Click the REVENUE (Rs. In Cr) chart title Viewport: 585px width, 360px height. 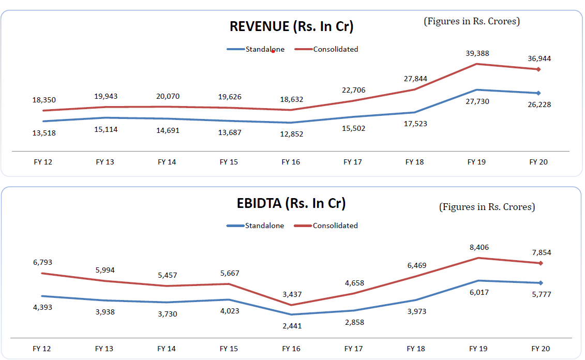pyautogui.click(x=292, y=26)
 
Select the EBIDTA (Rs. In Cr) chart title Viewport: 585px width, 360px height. pyautogui.click(x=291, y=203)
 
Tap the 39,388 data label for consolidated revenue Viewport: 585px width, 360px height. pyautogui.click(x=477, y=53)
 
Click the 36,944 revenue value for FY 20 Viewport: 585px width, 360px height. pyautogui.click(x=538, y=58)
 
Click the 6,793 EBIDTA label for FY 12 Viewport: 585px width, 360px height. pyautogui.click(x=42, y=262)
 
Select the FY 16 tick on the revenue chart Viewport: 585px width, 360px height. pyautogui.click(x=291, y=162)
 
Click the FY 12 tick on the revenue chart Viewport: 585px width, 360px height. pyautogui.click(x=42, y=162)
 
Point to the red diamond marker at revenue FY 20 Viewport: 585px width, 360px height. pyautogui.click(x=538, y=69)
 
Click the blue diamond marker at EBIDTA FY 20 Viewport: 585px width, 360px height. pyautogui.click(x=541, y=283)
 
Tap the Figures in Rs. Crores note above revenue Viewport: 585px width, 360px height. pyautogui.click(x=472, y=21)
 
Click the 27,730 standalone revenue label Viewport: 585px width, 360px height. pyautogui.click(x=477, y=101)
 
